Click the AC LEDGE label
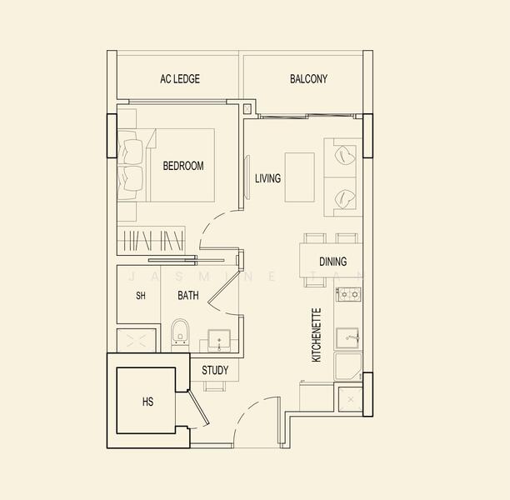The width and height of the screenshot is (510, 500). pos(180,78)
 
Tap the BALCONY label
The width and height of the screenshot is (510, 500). pos(308,78)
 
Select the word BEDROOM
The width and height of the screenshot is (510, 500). pos(183,166)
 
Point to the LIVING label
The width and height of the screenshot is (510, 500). pos(267,178)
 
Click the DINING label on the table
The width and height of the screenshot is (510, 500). pos(332,262)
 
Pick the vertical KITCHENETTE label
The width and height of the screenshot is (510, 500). pos(316,335)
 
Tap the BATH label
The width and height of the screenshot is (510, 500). pos(188,295)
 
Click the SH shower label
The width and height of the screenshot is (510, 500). pos(141,296)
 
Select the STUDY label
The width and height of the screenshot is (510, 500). pos(215,370)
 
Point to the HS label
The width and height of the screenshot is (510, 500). pos(147,402)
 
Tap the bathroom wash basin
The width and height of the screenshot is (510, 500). pos(219,340)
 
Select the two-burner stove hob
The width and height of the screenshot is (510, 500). pos(348,294)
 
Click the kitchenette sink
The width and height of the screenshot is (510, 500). pos(347,338)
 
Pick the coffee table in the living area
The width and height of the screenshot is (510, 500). pos(299,177)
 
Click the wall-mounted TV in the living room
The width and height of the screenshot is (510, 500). pos(247,177)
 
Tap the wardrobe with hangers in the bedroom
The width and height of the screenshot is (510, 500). pos(151,240)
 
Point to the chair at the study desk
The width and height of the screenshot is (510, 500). pos(214,386)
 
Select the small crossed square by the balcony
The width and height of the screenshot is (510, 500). pos(247,109)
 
